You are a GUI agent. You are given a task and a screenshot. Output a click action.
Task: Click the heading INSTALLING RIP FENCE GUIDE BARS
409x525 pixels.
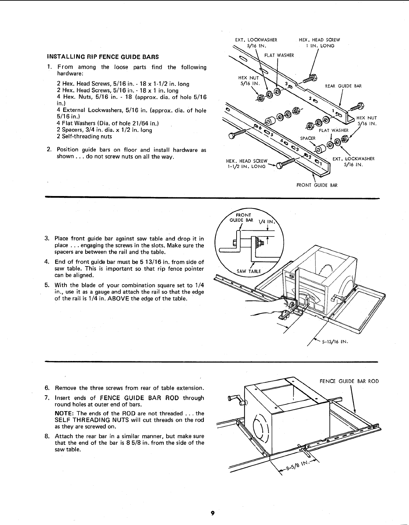[x=103, y=56]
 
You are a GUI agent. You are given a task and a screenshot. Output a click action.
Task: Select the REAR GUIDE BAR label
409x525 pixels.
[x=343, y=86]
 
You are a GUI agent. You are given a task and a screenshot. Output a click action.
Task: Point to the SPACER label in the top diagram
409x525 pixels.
[x=308, y=138]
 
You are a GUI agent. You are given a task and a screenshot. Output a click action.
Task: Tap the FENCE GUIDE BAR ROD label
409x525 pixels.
[x=349, y=381]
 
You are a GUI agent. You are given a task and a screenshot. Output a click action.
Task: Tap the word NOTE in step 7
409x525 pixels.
[x=63, y=413]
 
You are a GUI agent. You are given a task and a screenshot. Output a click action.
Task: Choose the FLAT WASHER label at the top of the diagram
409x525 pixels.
[x=279, y=55]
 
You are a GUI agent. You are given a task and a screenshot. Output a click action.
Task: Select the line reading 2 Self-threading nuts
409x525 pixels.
[x=84, y=137]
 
